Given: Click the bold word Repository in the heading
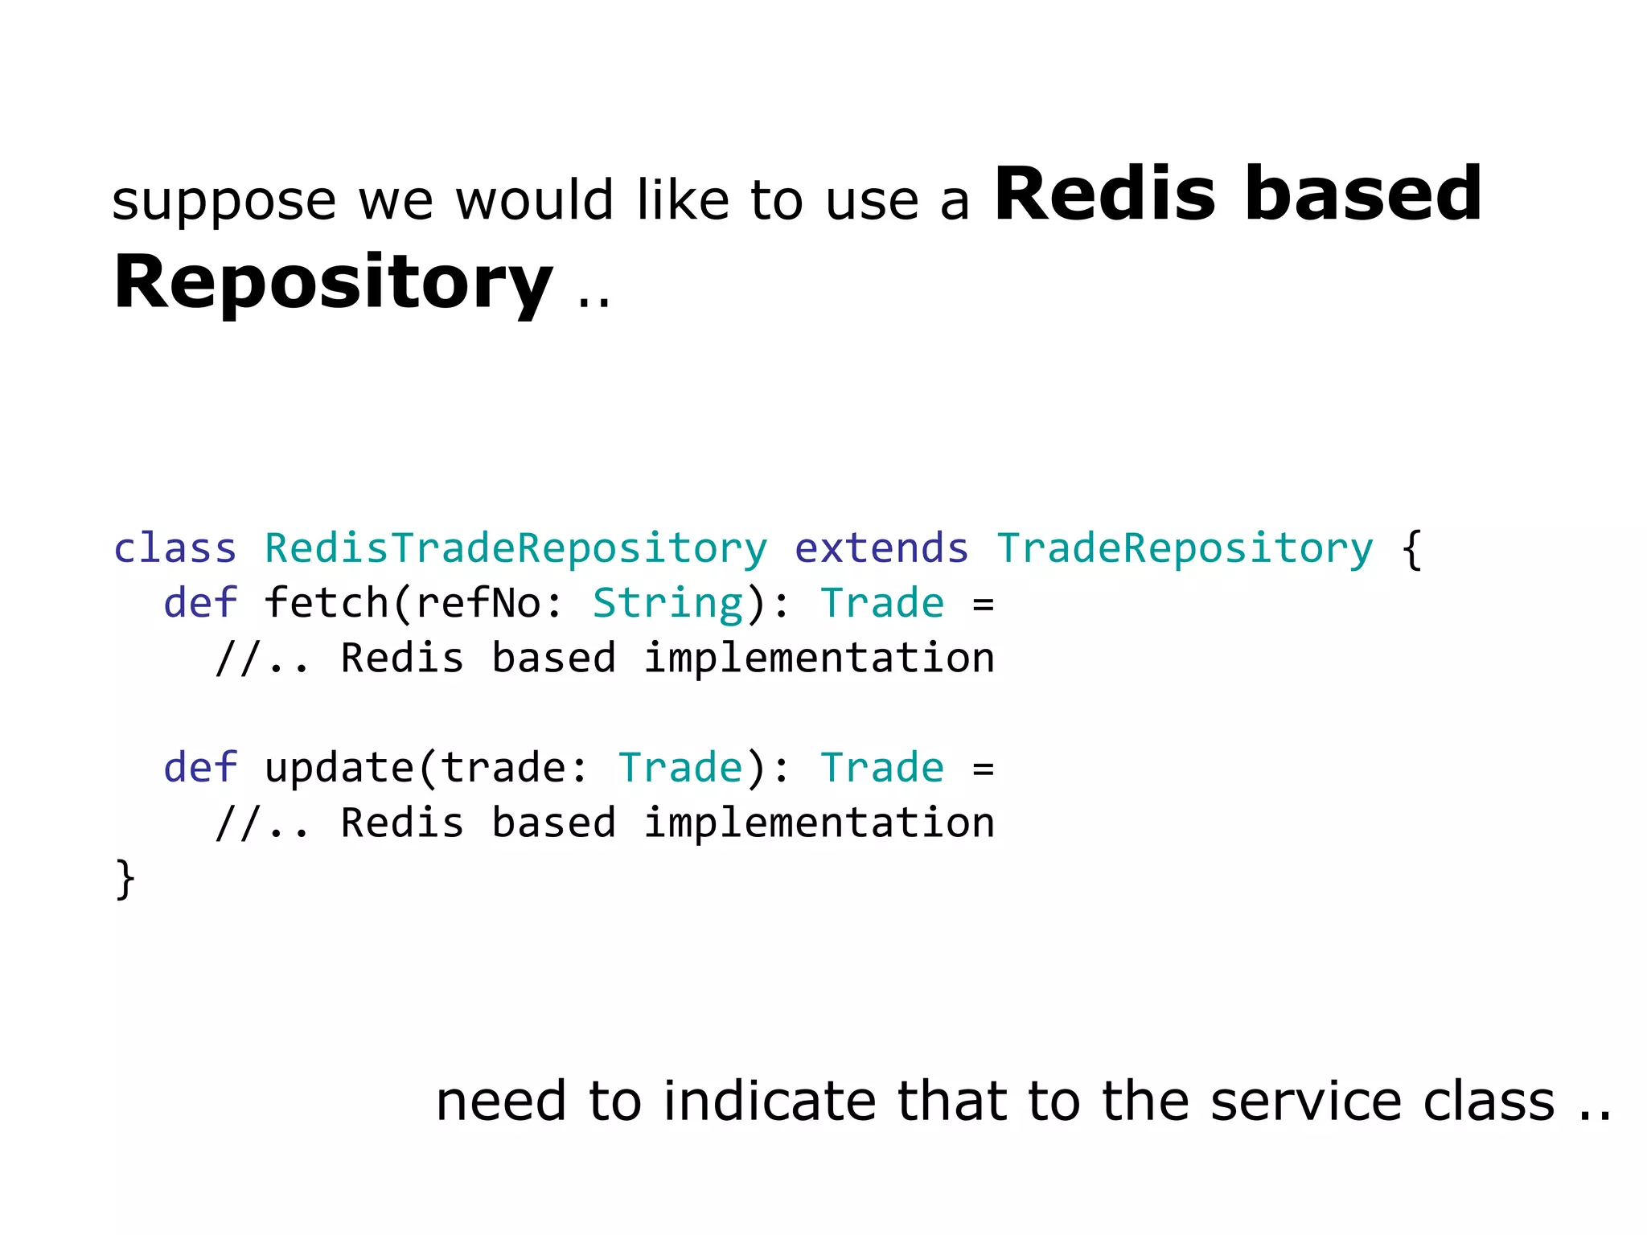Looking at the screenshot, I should (x=332, y=283).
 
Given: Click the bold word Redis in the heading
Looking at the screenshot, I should (x=1104, y=195).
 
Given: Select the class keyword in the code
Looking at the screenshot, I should (x=175, y=549).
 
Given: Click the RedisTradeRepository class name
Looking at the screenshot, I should (x=515, y=549).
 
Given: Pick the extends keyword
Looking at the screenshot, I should (x=881, y=549).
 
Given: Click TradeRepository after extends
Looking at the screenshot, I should (x=1185, y=549).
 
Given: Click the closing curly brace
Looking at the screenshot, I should (x=125, y=879).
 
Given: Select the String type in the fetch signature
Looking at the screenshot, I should (x=667, y=604).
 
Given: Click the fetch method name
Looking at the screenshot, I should (x=327, y=603).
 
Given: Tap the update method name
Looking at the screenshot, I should (x=339, y=769).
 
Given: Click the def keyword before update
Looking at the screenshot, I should (x=200, y=768).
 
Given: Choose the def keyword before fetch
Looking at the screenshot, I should (x=200, y=603).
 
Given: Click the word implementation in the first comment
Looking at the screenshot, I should (x=819, y=659).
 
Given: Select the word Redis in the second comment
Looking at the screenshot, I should (x=402, y=823).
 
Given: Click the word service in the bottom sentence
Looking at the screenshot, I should (x=1302, y=1102).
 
